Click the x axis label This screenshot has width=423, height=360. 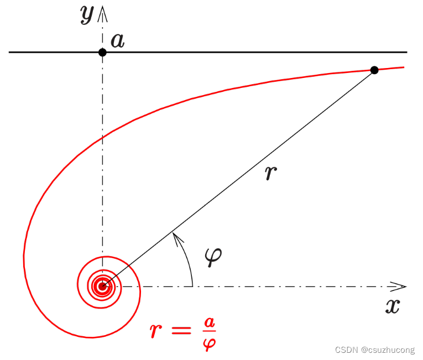[392, 306]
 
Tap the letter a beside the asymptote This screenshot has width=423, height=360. [117, 40]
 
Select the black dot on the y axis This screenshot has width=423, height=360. [102, 52]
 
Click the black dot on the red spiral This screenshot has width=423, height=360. [374, 70]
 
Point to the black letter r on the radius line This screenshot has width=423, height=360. [270, 173]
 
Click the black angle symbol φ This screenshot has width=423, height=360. [212, 257]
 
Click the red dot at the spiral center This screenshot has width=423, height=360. [102, 286]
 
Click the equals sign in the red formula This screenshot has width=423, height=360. [183, 331]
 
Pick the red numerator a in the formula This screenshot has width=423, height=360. [209, 321]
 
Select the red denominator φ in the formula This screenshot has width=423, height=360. [210, 343]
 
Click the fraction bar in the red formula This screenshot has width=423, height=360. [209, 332]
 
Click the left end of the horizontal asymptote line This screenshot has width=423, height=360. [10, 52]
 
